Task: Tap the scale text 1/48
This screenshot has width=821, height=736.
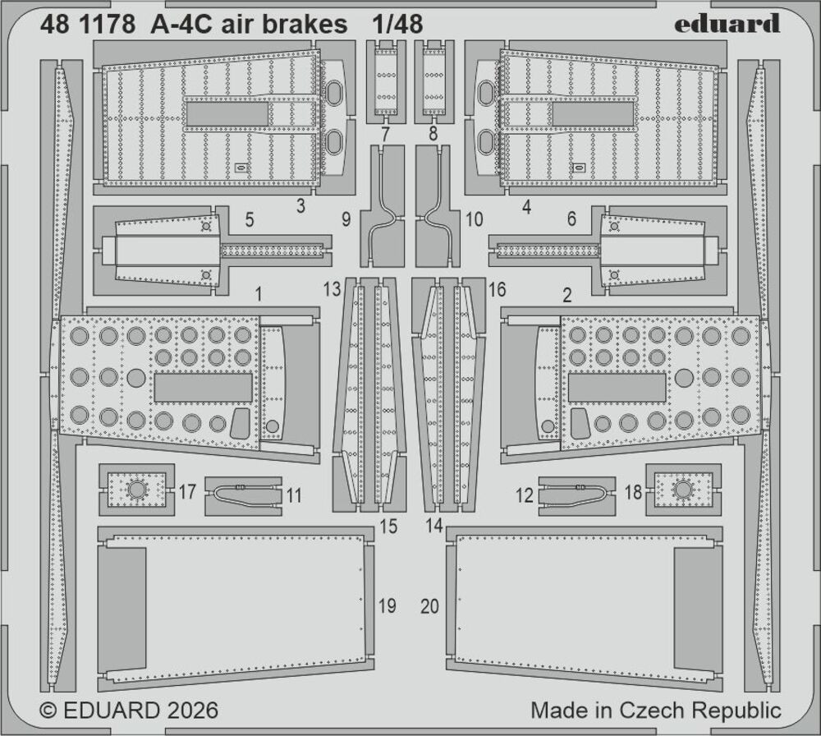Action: click(x=397, y=25)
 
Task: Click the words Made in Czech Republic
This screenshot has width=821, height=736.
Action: click(x=655, y=710)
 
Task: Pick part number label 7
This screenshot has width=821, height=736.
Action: click(x=384, y=133)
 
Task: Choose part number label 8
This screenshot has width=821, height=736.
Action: click(x=433, y=133)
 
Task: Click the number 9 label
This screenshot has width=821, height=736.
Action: click(x=346, y=220)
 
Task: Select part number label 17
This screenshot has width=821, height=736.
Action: click(x=187, y=493)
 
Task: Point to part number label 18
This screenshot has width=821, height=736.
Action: click(x=632, y=493)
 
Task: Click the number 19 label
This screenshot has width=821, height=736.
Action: click(x=387, y=606)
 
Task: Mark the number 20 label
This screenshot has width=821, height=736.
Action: click(x=430, y=606)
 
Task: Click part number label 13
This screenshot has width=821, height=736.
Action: click(x=332, y=289)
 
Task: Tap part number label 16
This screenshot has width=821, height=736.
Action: click(x=497, y=289)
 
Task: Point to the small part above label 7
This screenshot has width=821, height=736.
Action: click(x=385, y=80)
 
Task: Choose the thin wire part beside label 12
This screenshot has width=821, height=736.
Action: click(x=577, y=494)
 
